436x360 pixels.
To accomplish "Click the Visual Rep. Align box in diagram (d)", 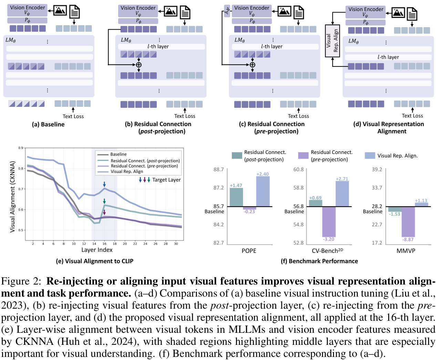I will pos(332,41).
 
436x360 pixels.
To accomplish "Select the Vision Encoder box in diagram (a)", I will pos(27,10).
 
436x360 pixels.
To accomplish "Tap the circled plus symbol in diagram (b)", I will pos(139,65).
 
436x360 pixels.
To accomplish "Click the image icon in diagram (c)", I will pos(284,11).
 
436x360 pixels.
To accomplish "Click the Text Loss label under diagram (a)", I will pos(73,116).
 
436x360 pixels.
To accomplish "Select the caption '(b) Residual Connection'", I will pos(158,124).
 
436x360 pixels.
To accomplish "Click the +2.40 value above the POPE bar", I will pos(262,174).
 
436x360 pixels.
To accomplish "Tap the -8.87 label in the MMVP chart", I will pos(408,239).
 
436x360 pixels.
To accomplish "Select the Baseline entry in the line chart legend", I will pos(118,154).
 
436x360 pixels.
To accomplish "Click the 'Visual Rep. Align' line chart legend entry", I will pos(127,171).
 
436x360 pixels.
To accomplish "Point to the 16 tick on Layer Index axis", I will pos(104,244).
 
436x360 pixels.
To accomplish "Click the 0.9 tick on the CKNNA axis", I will pos(21,148).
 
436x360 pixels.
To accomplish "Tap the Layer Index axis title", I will pos(97,250).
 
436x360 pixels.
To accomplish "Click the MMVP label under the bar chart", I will pos(406,251).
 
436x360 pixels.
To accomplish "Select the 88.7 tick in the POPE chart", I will pos(218,169).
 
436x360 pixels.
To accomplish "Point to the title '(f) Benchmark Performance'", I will pos(319,261).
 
